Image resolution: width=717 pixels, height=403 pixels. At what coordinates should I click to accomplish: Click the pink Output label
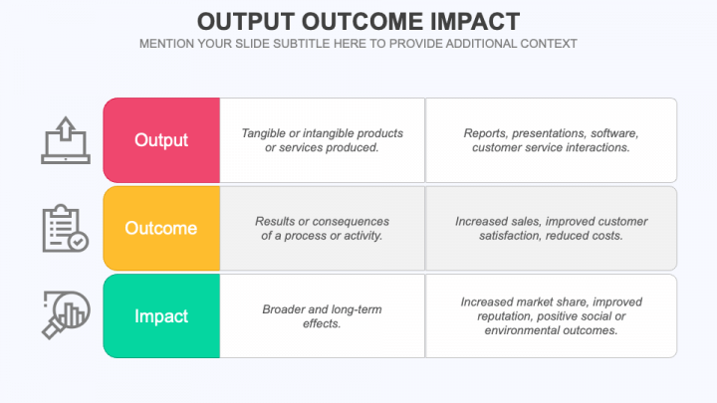click(161, 140)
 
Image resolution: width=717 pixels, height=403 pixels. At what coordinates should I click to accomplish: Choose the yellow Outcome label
click(161, 228)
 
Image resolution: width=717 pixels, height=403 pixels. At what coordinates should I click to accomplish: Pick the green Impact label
click(161, 316)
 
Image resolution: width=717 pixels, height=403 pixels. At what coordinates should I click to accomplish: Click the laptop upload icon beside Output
click(66, 140)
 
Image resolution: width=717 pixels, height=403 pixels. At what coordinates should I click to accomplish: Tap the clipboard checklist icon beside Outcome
click(66, 228)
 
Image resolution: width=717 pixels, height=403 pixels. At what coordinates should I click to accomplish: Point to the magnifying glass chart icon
click(66, 315)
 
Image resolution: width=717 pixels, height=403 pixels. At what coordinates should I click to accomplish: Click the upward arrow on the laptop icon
click(66, 128)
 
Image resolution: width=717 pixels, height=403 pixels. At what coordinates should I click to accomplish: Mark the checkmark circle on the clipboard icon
click(79, 241)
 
